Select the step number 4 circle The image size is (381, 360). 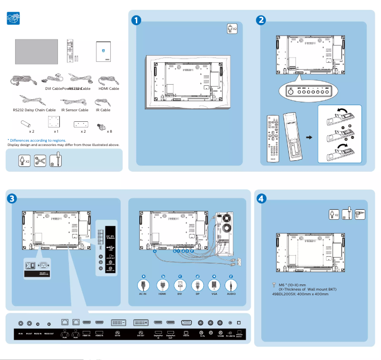point(261,198)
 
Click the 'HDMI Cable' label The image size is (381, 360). point(109,88)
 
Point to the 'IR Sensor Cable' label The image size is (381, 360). point(75,110)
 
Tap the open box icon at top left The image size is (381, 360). point(13,19)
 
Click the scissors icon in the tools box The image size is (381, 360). point(40,160)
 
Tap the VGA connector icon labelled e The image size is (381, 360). point(214,285)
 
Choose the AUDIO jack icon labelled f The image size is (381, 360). point(231,285)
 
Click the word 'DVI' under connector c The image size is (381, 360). point(180,294)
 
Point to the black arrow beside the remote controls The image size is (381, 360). point(309,137)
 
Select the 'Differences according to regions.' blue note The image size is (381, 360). point(37,140)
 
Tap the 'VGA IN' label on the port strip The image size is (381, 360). point(186,336)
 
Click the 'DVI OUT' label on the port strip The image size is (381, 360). point(141,336)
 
